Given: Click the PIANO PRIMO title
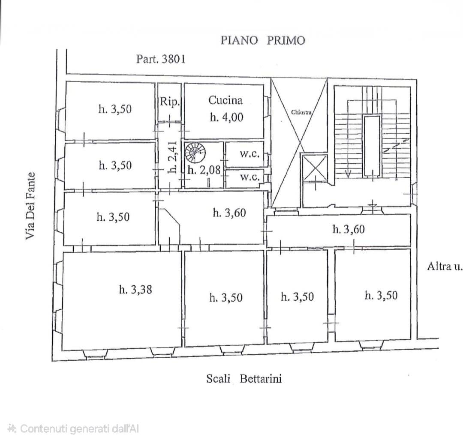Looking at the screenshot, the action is tap(263, 40).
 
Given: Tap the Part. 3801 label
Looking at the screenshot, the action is tap(161, 59).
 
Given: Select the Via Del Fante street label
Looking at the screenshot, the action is tap(30, 206).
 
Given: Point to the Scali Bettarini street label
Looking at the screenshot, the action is tap(244, 378).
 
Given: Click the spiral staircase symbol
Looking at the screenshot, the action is tap(195, 153).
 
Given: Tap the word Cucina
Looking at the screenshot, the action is tap(225, 100).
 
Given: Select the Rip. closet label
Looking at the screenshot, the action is tap(170, 102).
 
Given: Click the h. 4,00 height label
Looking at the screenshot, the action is tap(226, 117).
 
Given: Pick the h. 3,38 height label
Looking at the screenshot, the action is tap(135, 289).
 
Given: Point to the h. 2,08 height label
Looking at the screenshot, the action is tap(204, 170).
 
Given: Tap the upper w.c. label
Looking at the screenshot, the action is tap(250, 154).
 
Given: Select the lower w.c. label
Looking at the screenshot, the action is tap(250, 177).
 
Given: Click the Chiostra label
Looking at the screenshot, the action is tap(301, 112).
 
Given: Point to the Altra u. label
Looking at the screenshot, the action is tap(444, 266).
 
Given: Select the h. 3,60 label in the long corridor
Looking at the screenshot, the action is tap(349, 229).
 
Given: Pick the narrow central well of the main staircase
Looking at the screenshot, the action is tap(372, 147).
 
